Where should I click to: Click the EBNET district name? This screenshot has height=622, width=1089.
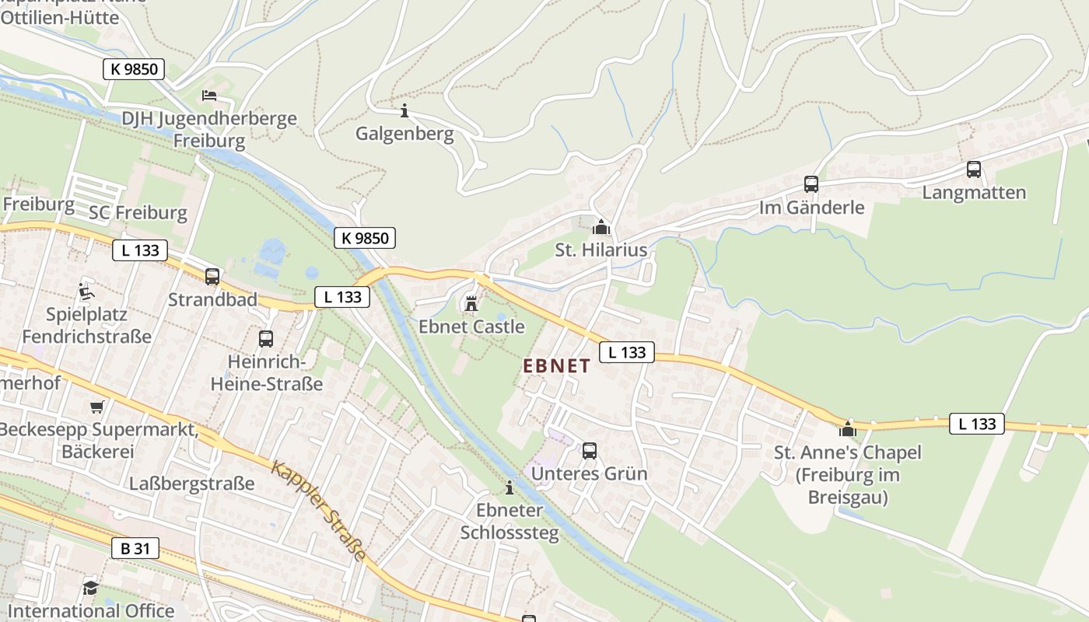(x=556, y=365)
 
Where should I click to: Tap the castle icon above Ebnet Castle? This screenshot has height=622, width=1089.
(x=471, y=302)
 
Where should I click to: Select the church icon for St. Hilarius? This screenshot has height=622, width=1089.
(x=601, y=227)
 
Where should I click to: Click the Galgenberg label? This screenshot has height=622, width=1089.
(x=404, y=134)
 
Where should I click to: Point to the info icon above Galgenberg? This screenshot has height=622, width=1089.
(x=404, y=110)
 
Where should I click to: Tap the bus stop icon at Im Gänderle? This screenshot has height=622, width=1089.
(x=811, y=184)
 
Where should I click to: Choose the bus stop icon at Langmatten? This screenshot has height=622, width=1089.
(x=973, y=169)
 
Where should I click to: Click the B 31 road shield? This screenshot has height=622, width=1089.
(x=135, y=548)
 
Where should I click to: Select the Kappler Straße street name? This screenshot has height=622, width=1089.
(x=318, y=509)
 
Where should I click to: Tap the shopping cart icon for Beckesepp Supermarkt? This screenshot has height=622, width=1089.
(x=97, y=407)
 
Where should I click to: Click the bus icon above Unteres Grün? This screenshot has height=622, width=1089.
(x=589, y=450)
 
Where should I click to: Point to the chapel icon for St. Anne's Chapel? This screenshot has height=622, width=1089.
(x=847, y=429)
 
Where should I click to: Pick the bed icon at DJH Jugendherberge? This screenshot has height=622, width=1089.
(x=209, y=96)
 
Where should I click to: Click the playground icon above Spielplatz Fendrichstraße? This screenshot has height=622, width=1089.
(x=86, y=292)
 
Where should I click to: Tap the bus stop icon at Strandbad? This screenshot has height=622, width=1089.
(x=212, y=276)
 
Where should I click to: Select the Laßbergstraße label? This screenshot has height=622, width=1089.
(x=192, y=483)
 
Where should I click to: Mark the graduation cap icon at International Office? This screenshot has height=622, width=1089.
(x=91, y=588)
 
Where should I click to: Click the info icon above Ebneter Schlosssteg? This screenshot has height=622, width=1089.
(x=509, y=487)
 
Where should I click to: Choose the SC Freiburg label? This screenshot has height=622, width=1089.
(x=138, y=212)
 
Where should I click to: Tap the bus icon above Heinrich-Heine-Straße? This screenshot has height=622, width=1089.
(x=265, y=338)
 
